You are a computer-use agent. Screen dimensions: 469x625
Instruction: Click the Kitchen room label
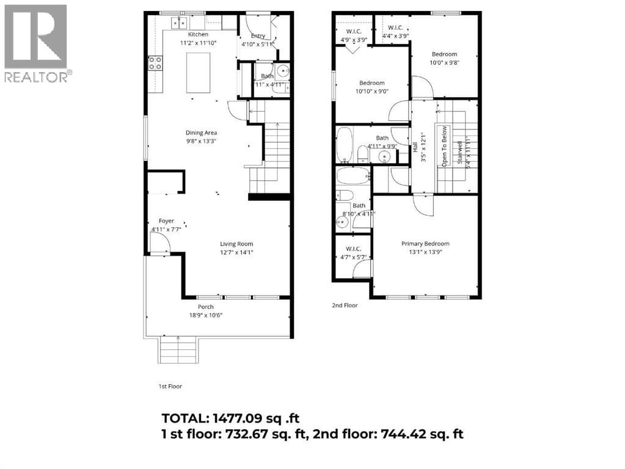[x=198, y=35]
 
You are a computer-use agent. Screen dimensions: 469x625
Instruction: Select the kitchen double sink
[x=179, y=23]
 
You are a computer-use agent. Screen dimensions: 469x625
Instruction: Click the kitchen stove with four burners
[x=155, y=62]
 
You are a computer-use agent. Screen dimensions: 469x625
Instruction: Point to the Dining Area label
[x=201, y=133]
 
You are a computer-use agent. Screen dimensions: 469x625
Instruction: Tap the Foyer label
[x=166, y=221]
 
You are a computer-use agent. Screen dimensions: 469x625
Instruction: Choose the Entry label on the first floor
[x=258, y=35]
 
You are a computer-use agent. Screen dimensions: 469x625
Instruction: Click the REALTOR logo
[x=37, y=43]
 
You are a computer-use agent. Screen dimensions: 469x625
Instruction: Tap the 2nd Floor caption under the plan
[x=345, y=305]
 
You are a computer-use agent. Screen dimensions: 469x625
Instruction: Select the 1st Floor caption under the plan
[x=170, y=386]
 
